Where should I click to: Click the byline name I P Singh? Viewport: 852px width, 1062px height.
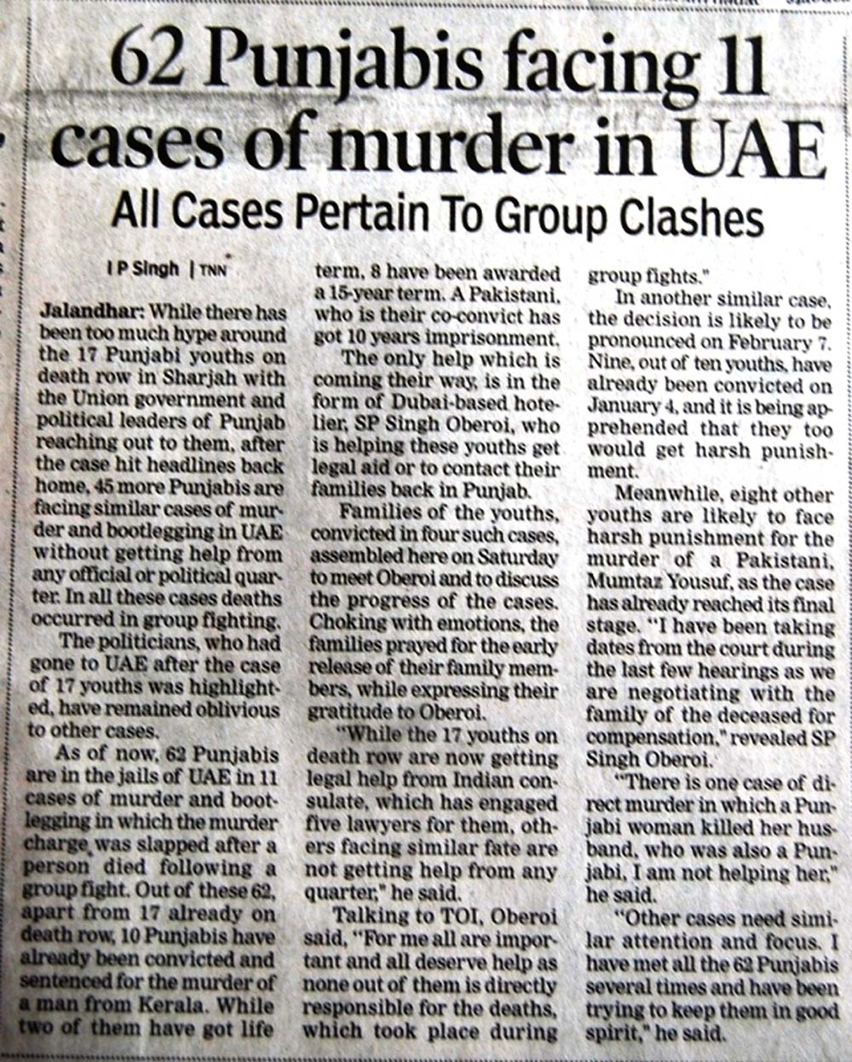click(143, 268)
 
